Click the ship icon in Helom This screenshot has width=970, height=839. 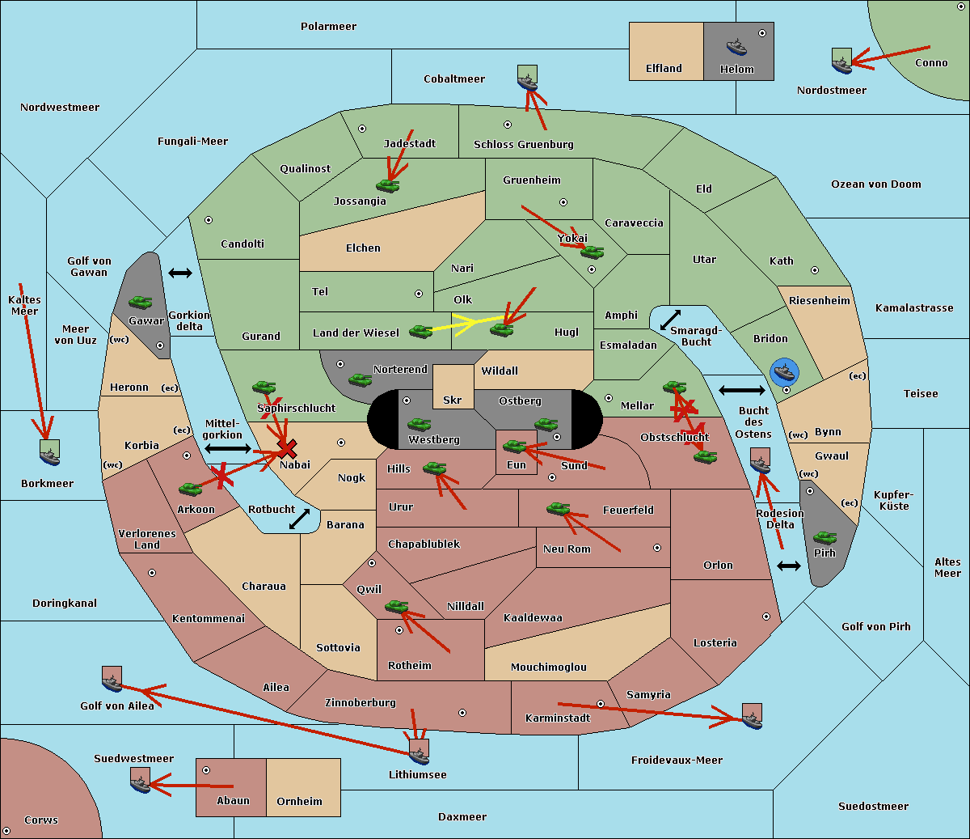736,47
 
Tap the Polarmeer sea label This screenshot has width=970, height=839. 328,27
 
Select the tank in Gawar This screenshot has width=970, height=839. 141,302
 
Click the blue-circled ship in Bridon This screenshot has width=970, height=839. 784,372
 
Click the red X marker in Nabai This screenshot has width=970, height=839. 287,448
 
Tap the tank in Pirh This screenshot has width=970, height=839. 824,537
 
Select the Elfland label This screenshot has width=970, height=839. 664,69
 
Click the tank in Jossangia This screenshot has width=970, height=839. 388,185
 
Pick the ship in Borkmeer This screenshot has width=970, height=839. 50,453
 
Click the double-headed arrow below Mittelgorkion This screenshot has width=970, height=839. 228,448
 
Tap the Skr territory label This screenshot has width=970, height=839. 453,400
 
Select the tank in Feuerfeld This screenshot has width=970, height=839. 559,509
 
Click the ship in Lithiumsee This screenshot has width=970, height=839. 419,752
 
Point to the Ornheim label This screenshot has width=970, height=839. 299,802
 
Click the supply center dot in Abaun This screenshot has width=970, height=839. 206,770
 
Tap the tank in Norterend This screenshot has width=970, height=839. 360,380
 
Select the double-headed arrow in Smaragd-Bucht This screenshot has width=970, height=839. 670,320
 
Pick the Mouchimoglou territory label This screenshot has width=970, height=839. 549,667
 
